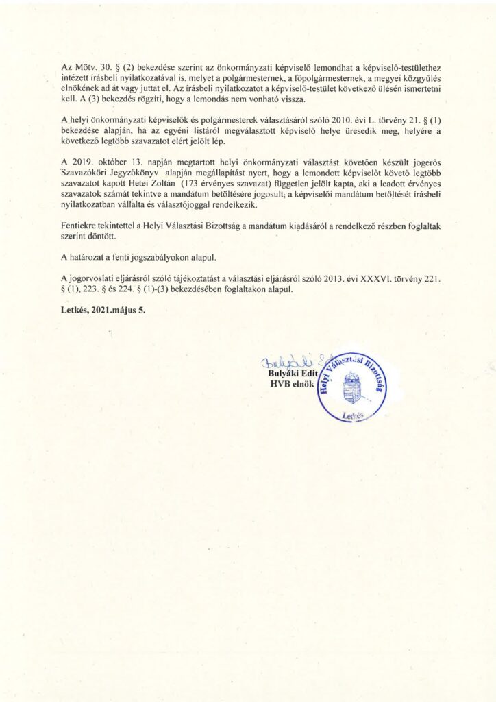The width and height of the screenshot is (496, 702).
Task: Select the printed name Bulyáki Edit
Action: pos(293,374)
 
